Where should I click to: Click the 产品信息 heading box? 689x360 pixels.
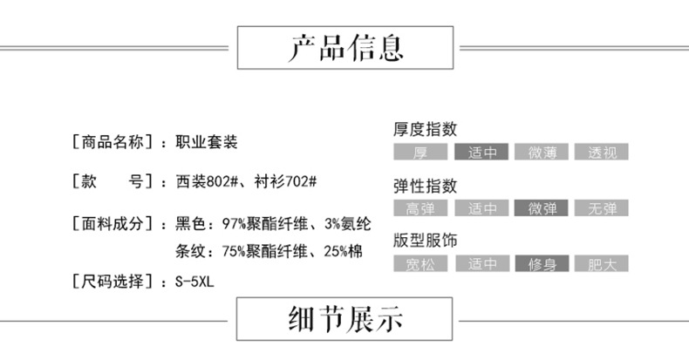344,48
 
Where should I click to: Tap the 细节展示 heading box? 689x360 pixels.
344,319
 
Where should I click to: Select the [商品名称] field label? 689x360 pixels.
113,141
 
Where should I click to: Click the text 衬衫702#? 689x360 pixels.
285,182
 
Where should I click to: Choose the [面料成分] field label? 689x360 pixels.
113,223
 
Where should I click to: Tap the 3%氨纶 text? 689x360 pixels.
348,223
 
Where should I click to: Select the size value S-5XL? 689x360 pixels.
194,282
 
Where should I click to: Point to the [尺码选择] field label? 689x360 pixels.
113,282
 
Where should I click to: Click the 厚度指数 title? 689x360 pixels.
426,129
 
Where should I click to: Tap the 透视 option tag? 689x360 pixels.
602,152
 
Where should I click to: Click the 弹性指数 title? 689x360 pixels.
426,186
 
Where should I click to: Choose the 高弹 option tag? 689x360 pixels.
420,208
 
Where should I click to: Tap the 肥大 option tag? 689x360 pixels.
602,264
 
